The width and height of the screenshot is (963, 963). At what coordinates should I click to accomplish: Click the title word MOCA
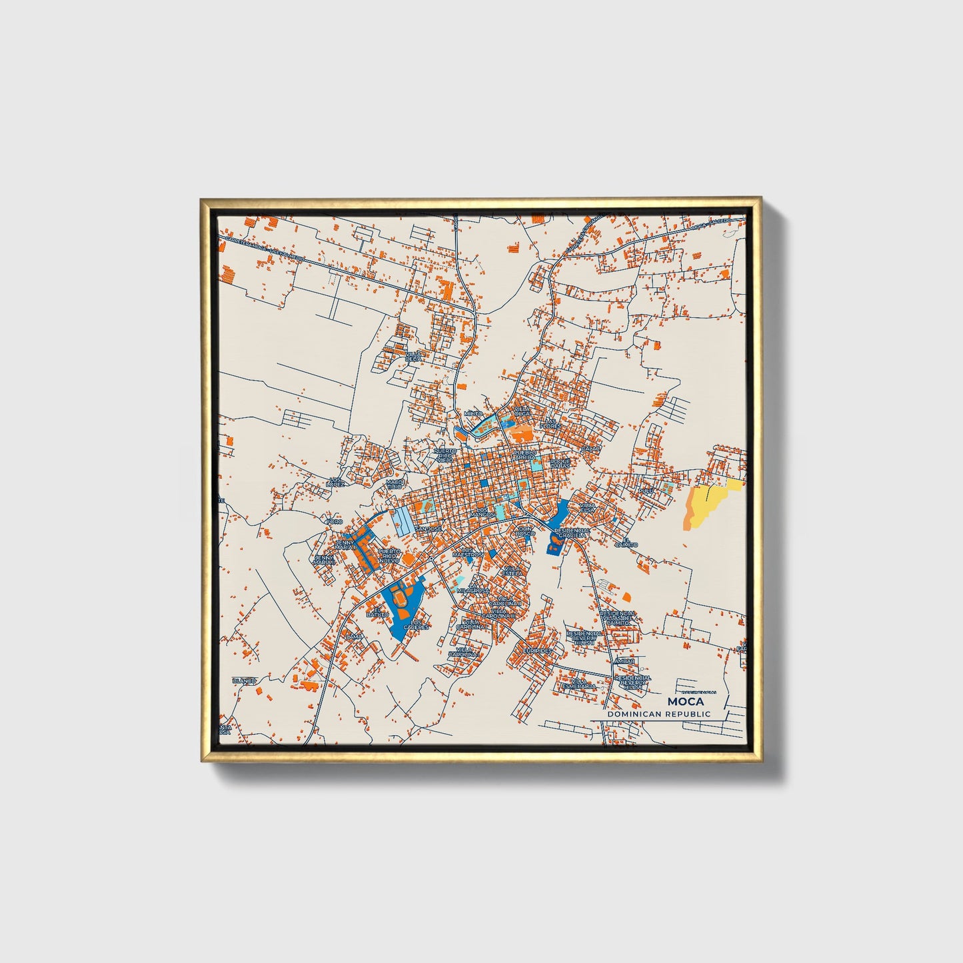(x=684, y=701)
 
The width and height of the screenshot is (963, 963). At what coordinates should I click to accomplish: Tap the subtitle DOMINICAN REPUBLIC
(x=658, y=714)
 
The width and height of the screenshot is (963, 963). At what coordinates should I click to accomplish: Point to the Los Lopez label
(x=337, y=482)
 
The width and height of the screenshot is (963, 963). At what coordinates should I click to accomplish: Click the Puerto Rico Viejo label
(x=445, y=455)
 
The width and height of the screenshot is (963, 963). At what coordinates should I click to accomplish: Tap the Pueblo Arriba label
(x=525, y=455)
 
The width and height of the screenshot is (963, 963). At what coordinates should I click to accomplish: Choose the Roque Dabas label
(x=560, y=463)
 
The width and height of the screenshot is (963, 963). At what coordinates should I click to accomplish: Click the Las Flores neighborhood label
(x=550, y=423)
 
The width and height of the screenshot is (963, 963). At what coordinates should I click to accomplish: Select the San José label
(x=428, y=528)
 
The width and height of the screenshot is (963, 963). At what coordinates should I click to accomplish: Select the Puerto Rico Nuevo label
(x=389, y=556)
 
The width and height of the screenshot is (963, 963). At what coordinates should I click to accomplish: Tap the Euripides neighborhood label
(x=537, y=650)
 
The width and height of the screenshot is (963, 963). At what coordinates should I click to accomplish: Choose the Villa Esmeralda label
(x=578, y=684)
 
